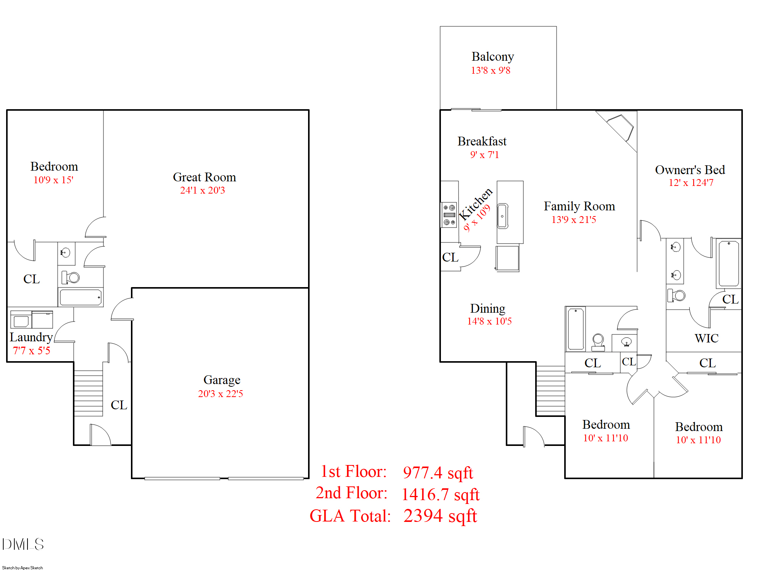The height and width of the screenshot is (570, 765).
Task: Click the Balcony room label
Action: click(492, 57)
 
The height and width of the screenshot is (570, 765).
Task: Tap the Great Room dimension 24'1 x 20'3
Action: click(202, 190)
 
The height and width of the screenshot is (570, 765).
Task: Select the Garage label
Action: click(222, 380)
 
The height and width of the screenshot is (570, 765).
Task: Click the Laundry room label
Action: click(31, 337)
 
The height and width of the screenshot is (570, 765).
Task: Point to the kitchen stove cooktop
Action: click(449, 215)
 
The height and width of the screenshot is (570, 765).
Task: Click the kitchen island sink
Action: click(502, 216)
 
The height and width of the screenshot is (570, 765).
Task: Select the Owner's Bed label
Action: click(690, 170)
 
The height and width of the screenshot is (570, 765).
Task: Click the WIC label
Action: click(706, 338)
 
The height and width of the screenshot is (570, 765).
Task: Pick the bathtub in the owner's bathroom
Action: click(728, 263)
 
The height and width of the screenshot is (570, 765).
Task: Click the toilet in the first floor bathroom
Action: click(71, 278)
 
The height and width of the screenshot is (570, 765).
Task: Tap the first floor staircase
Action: click(88, 393)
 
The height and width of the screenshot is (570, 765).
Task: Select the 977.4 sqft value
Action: click(438, 473)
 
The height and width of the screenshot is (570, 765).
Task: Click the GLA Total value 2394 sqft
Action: click(440, 516)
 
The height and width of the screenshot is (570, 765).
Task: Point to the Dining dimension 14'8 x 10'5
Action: click(489, 321)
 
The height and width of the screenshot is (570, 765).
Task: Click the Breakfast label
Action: click(482, 141)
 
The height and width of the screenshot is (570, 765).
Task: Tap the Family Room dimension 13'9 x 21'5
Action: click(573, 220)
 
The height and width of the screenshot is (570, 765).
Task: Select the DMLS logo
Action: click(23, 544)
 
